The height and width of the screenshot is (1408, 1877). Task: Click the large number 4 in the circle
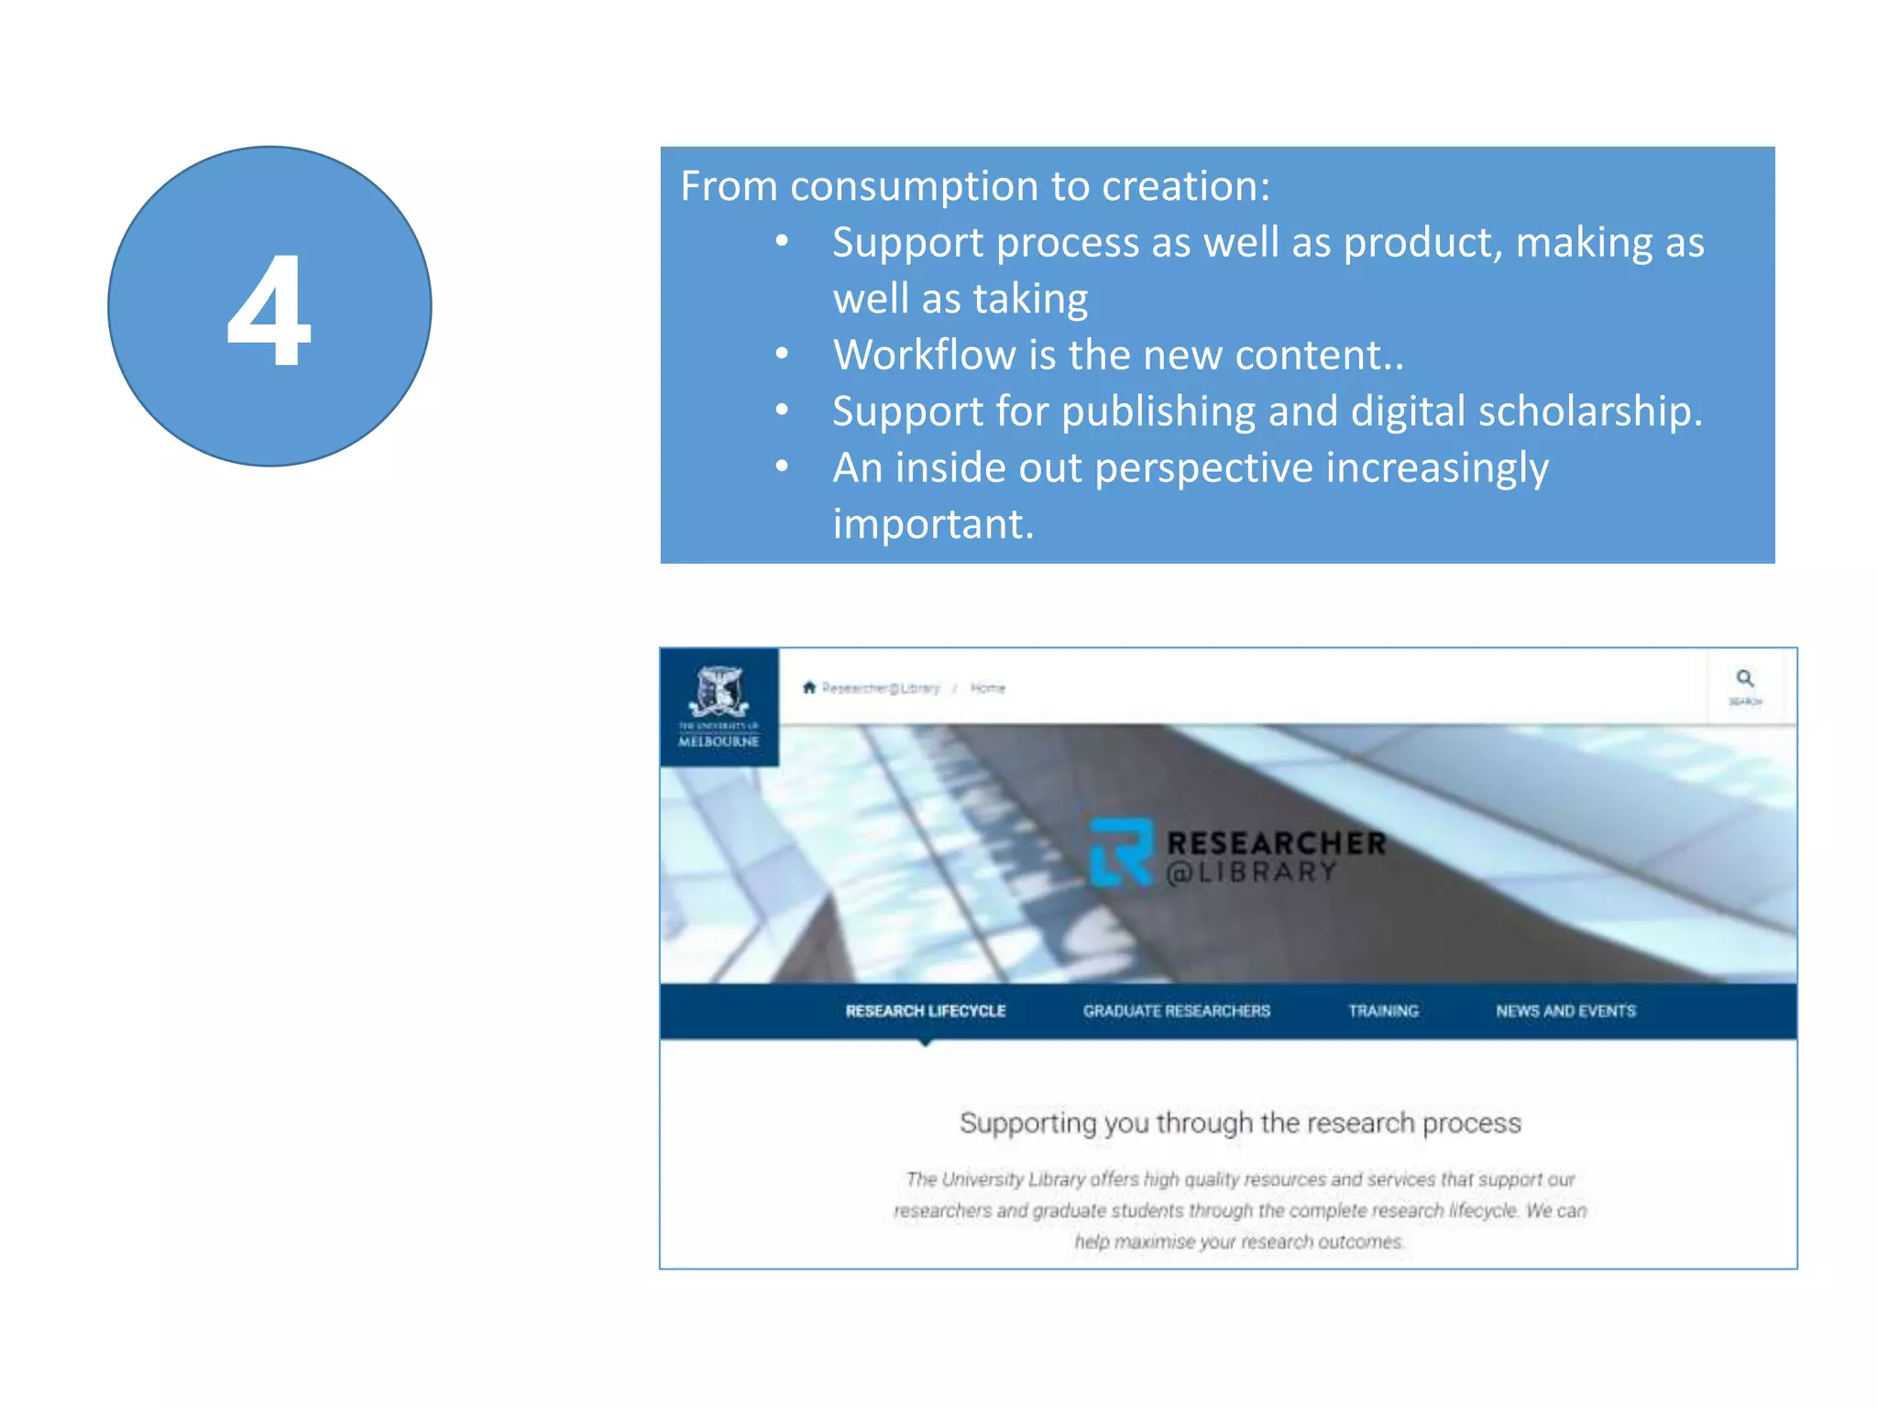pos(269,311)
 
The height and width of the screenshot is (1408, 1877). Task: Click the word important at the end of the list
pos(933,524)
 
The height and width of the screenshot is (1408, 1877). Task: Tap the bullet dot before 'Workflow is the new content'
pos(782,355)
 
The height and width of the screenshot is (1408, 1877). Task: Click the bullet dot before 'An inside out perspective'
pos(782,467)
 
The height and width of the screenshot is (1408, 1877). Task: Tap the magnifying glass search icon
pos(1745,679)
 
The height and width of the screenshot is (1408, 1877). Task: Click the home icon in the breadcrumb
pos(808,687)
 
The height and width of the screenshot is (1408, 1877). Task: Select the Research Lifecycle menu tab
pos(925,1011)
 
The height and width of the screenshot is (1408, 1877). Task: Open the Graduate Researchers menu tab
pos(1176,1011)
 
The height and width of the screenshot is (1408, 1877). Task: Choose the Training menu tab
pos(1383,1011)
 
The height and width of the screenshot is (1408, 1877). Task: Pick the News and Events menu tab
pos(1565,1011)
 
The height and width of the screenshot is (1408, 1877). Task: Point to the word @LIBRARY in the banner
pos(1250,873)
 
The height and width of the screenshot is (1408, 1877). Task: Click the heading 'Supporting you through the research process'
pos(1240,1123)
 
